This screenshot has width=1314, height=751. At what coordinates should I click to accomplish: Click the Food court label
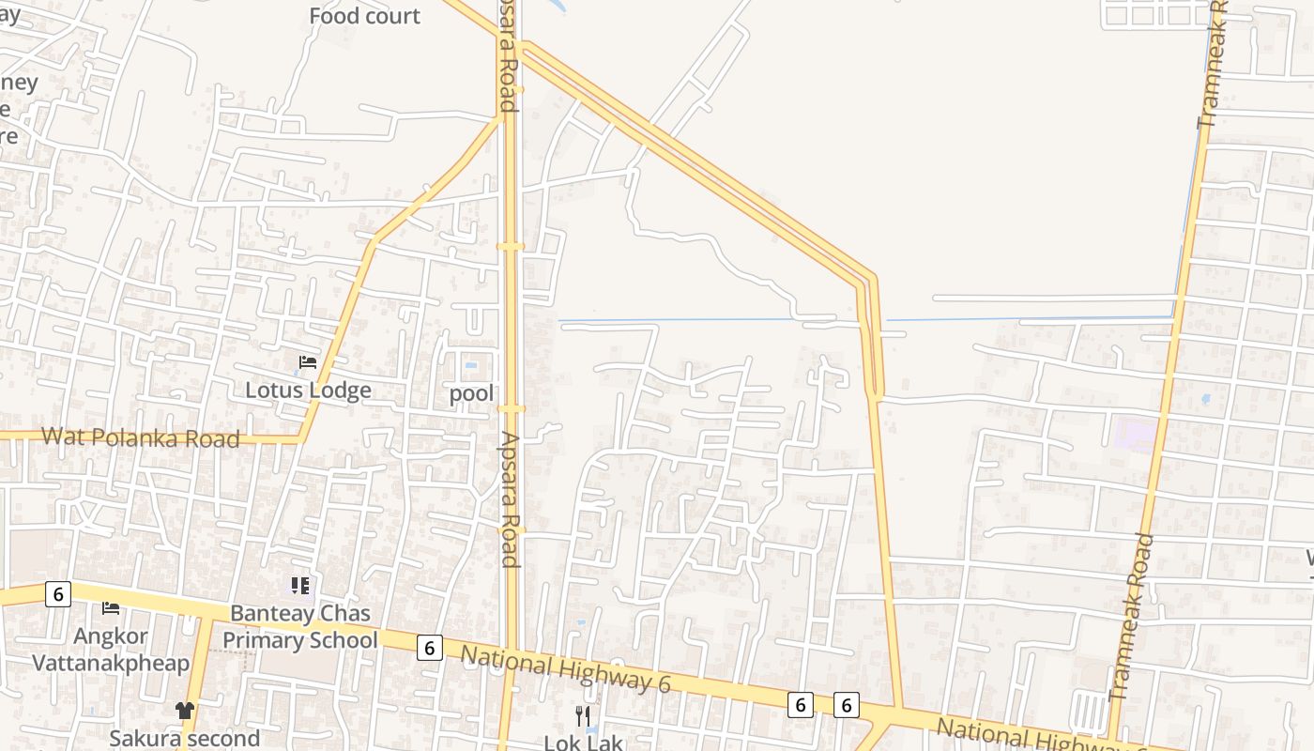click(364, 16)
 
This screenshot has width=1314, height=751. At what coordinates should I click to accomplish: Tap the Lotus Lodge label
click(308, 391)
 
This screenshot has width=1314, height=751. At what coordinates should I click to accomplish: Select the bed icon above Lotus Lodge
click(308, 362)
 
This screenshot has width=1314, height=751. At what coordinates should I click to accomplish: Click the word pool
click(471, 393)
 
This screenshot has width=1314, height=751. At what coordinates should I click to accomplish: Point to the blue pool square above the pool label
click(470, 366)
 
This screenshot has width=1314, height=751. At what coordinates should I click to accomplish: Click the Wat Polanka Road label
click(141, 437)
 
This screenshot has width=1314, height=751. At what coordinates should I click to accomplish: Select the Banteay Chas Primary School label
click(300, 627)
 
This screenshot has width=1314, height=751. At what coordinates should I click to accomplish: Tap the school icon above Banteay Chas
click(300, 587)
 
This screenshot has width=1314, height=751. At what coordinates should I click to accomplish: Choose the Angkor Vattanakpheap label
click(111, 650)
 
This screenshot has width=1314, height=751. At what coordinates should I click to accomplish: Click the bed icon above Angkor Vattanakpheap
click(111, 608)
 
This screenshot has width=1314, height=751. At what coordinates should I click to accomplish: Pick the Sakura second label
click(185, 738)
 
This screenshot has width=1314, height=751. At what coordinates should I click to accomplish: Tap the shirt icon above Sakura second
click(185, 711)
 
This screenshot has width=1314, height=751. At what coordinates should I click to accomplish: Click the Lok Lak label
click(584, 743)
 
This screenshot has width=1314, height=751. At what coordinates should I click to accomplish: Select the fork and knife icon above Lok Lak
click(583, 716)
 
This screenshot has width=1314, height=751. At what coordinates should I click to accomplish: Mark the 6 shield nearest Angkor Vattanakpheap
click(58, 594)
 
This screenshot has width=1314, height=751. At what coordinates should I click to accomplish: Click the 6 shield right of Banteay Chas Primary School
click(430, 648)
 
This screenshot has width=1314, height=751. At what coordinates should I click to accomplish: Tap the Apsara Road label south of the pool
click(510, 499)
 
